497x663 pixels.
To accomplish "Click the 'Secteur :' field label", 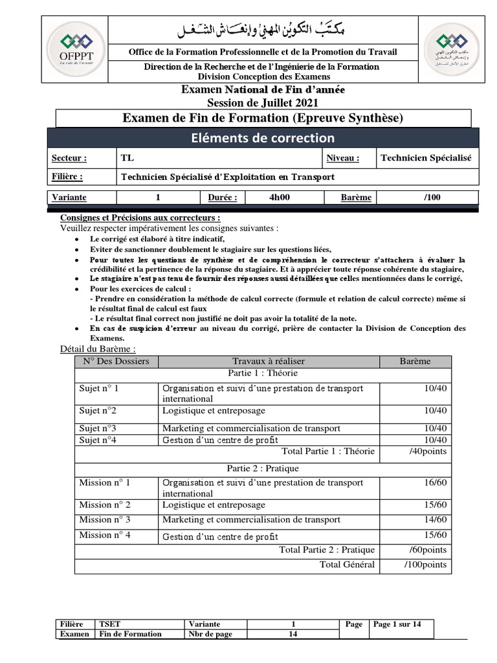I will tap(69, 158).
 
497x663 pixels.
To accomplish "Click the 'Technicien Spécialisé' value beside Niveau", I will tap(426, 158).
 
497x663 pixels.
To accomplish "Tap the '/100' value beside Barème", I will tap(432, 197).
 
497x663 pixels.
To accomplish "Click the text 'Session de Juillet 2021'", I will tap(263, 102).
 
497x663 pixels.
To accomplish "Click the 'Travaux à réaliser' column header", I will tap(269, 361).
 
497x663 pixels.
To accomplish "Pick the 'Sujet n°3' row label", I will tap(98, 428).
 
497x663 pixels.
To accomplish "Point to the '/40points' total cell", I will tap(428, 451).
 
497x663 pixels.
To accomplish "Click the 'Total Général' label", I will tap(347, 565).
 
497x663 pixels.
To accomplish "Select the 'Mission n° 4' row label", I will tap(105, 535).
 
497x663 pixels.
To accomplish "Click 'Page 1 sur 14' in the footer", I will tap(397, 624).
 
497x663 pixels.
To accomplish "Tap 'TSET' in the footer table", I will tap(109, 624).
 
